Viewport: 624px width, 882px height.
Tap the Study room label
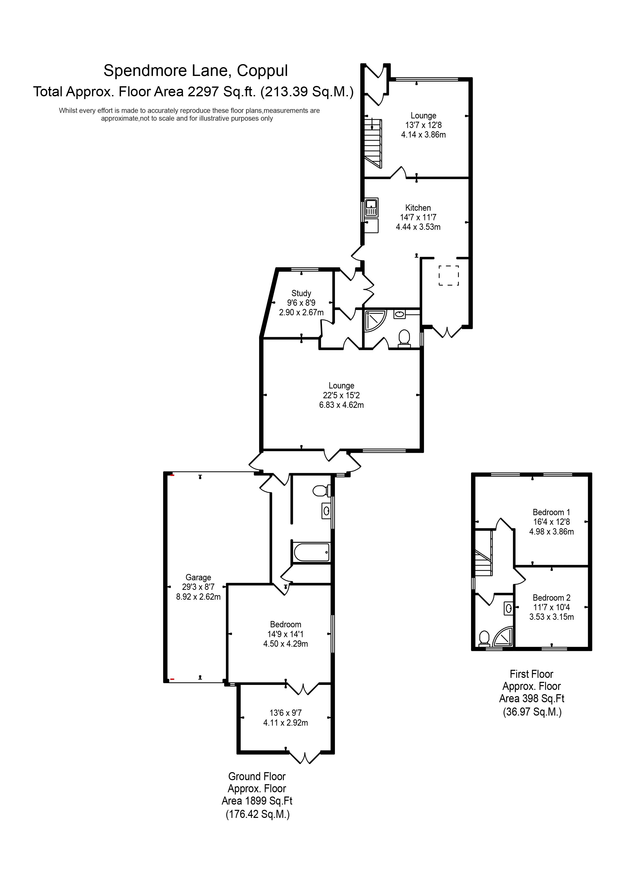pyautogui.click(x=301, y=293)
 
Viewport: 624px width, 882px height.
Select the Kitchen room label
pyautogui.click(x=418, y=208)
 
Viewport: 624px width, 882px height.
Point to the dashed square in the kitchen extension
pyautogui.click(x=449, y=275)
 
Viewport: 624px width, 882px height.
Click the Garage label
pyautogui.click(x=198, y=577)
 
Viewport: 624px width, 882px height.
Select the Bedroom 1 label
pyautogui.click(x=551, y=512)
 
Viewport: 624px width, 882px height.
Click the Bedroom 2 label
pyautogui.click(x=551, y=598)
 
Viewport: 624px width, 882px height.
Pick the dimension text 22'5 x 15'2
pyautogui.click(x=341, y=395)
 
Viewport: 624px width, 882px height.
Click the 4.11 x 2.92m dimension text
pyautogui.click(x=285, y=723)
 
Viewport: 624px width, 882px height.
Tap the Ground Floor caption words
pyautogui.click(x=257, y=777)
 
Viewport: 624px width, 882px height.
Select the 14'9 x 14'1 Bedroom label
pyautogui.click(x=285, y=625)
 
